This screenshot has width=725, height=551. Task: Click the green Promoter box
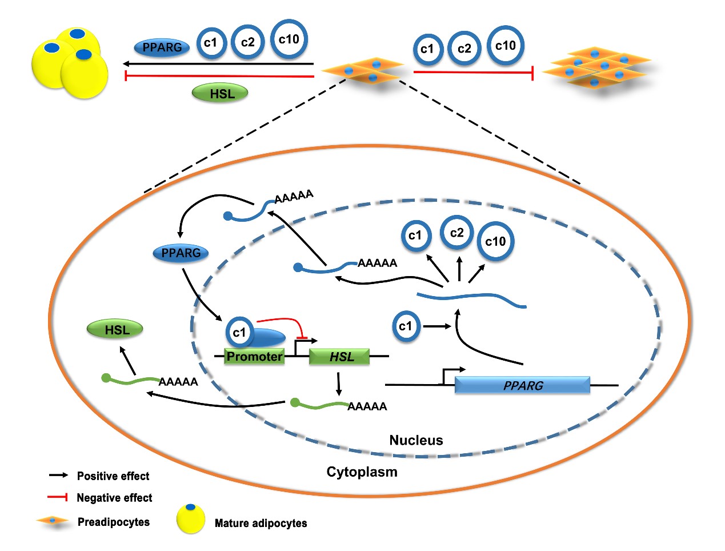254,357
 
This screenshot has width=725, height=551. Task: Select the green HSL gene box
339,357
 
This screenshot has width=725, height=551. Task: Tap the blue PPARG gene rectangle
522,385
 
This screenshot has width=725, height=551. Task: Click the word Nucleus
416,440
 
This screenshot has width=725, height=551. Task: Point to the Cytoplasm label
362,472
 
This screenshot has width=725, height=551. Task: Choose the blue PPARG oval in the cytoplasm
181,253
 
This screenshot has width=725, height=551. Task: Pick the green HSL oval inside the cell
115,329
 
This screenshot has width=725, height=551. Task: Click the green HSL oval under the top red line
220,93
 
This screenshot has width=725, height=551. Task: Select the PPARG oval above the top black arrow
162,47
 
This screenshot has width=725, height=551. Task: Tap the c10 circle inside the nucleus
495,241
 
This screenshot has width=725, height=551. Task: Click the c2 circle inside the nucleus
456,233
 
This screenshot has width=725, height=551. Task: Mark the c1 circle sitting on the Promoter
239,332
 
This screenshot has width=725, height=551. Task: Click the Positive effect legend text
113,476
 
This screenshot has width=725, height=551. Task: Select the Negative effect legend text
114,498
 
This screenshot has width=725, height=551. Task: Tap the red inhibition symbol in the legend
58,497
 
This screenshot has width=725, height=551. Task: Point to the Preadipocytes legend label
113,522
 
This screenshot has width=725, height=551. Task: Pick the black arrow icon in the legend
58,476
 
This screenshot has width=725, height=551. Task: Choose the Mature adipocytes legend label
261,523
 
